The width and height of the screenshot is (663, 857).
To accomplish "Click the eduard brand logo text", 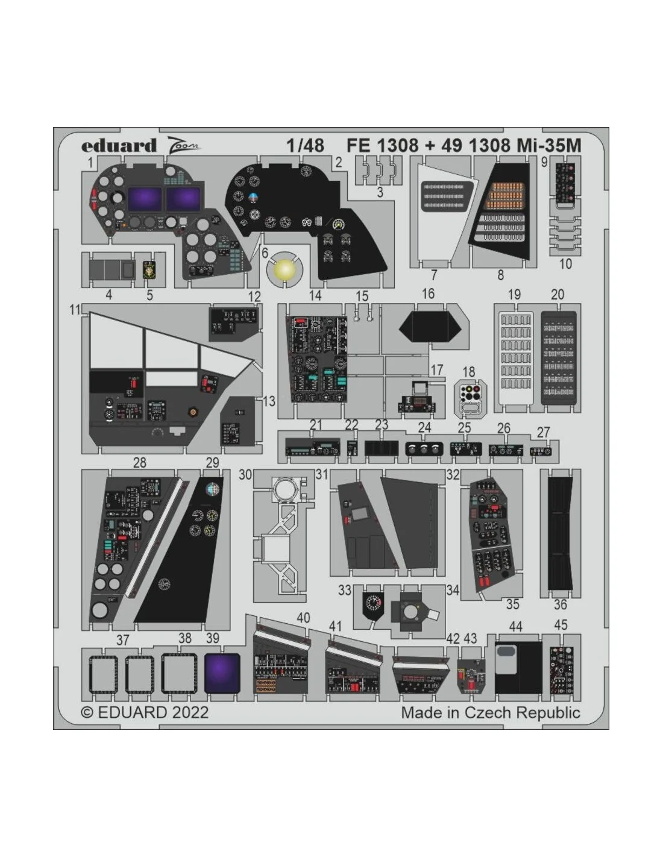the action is coord(119,145).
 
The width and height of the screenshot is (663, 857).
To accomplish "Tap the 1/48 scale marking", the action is coord(305,145).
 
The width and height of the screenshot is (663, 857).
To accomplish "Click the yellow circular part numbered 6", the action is coord(284,270).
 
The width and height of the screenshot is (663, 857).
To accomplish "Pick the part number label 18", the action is coord(468,371).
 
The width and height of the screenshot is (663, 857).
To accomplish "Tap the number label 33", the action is coord(344,590).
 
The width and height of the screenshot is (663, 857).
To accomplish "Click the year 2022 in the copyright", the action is coord(190,712).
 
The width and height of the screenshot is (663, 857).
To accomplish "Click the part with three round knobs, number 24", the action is coord(424,449).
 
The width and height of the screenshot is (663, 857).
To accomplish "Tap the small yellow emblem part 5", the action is coord(149,270).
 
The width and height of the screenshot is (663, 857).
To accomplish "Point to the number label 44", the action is coord(515,626).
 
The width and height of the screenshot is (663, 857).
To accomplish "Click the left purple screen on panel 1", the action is coord(145,199).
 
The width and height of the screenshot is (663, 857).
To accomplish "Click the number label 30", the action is coord(245,474).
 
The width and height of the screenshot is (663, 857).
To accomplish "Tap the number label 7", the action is coord(434,274).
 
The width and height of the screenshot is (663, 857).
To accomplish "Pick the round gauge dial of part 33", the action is coord(373,602).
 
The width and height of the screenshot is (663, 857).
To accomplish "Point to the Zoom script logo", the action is coord(183,145).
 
